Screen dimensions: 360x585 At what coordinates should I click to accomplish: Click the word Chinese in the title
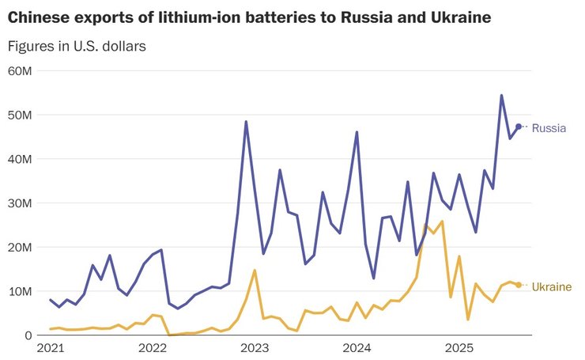pyautogui.click(x=40, y=16)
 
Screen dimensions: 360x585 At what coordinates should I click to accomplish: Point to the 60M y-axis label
pyautogui.click(x=19, y=71)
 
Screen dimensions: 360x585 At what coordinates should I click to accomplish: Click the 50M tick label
pyautogui.click(x=19, y=115)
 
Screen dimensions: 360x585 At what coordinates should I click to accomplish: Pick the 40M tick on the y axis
pyautogui.click(x=19, y=159)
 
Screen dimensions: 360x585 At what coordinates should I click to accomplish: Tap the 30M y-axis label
pyautogui.click(x=19, y=203)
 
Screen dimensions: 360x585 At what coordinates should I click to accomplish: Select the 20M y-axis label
pyautogui.click(x=19, y=248)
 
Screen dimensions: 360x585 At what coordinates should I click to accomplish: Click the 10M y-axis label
pyautogui.click(x=19, y=292)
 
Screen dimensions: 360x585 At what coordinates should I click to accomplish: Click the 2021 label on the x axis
pyautogui.click(x=50, y=348)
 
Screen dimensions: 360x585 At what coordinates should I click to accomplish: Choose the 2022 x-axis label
pyautogui.click(x=152, y=348)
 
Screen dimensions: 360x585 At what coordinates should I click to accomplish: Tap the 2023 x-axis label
pyautogui.click(x=255, y=348)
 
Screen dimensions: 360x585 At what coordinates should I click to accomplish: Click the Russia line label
pyautogui.click(x=549, y=127)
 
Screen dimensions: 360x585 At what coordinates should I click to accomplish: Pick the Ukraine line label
pyautogui.click(x=551, y=286)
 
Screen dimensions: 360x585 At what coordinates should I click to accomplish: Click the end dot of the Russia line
pyautogui.click(x=519, y=127)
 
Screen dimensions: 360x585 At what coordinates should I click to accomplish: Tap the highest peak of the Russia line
pyautogui.click(x=501, y=96)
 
